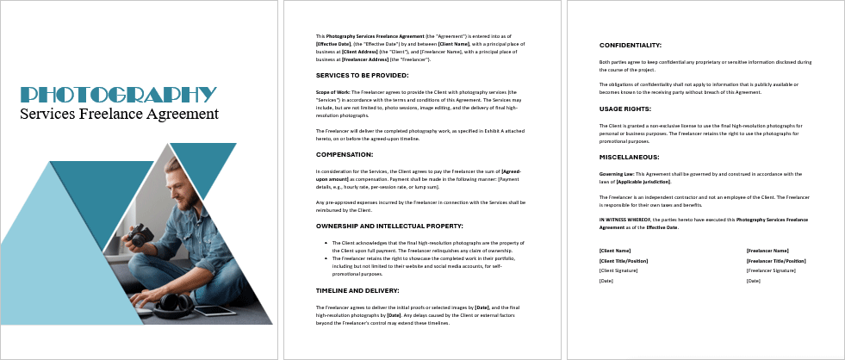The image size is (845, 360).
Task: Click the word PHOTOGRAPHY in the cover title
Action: coord(118,95)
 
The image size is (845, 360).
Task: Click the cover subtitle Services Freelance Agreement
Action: coord(119,114)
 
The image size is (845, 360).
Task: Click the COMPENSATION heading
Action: coord(345,154)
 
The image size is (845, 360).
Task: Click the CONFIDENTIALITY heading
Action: coord(631,45)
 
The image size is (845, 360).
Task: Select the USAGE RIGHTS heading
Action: coord(624,109)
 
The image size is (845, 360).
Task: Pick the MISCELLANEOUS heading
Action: coord(629,157)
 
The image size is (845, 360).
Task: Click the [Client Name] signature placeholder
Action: coord(616,251)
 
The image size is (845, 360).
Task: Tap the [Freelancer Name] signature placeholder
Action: coord(768,251)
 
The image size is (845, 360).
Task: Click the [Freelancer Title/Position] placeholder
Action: coord(775,260)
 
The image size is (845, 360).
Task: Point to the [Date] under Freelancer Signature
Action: coord(753,281)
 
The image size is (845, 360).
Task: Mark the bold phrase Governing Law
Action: coord(617,173)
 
